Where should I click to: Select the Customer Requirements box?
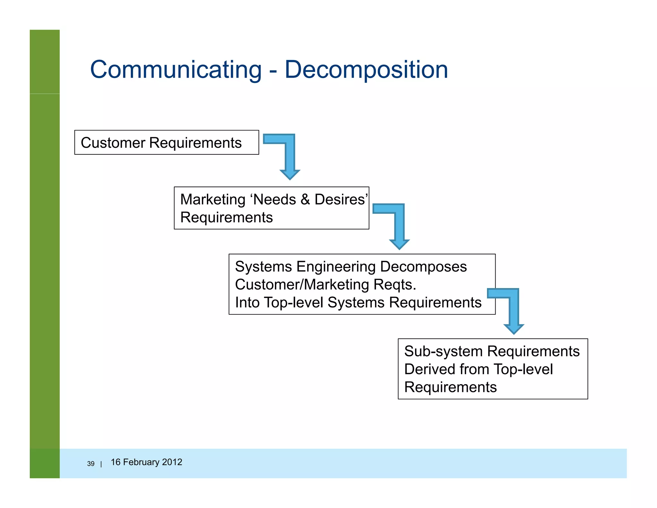166,142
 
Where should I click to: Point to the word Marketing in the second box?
213,199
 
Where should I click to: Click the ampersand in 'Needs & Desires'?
305,199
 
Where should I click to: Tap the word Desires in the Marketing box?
340,199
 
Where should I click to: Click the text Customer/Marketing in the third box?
302,285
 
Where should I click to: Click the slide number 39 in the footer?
91,464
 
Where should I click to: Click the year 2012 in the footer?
172,462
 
